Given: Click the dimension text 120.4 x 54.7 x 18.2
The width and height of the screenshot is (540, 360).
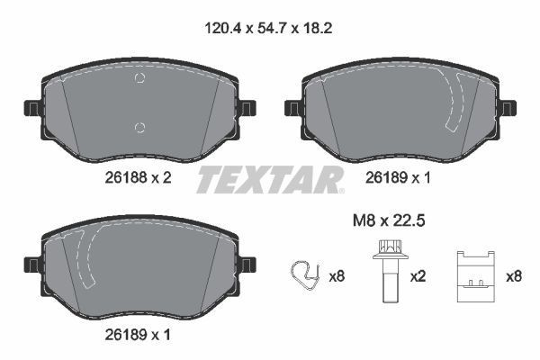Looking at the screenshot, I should click(270, 28).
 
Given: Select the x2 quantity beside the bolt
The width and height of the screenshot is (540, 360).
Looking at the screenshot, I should click(418, 277).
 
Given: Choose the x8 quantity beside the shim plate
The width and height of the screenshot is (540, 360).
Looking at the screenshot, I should click(514, 277).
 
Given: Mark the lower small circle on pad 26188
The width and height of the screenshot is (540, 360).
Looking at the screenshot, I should click(139, 126).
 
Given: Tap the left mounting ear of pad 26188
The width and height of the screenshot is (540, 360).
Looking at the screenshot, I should click(30, 109).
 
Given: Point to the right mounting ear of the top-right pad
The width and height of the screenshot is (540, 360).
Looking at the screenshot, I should click(508, 109).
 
